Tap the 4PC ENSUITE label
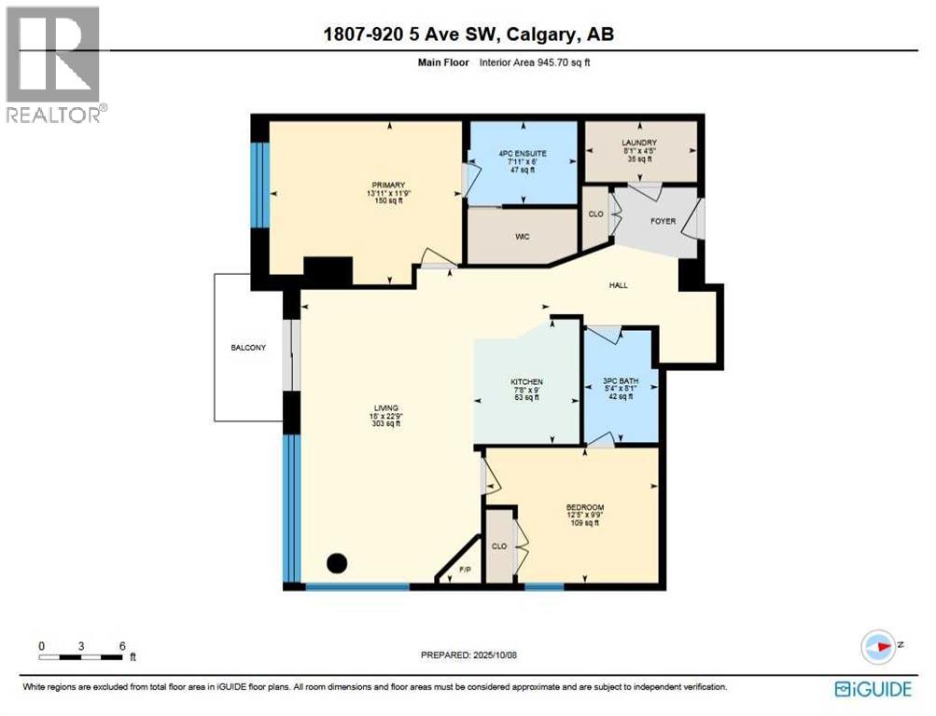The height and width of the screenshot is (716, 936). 521,152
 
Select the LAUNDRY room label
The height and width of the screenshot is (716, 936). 639,143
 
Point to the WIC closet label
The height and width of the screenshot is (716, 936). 522,237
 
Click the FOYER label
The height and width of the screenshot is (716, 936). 663,221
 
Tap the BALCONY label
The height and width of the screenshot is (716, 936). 248,348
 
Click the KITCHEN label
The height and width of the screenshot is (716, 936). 526,382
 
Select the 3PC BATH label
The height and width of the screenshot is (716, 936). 620,382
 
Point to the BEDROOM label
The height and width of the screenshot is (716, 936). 585,507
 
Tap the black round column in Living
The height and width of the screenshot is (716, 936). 337,563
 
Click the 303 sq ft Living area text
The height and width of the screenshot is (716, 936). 385,423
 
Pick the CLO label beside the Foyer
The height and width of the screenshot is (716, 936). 595,213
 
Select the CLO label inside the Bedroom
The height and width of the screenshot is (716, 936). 499,546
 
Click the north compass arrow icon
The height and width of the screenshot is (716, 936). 880,645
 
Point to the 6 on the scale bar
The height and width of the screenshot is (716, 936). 122,645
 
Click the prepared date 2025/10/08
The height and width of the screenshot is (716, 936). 489,654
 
